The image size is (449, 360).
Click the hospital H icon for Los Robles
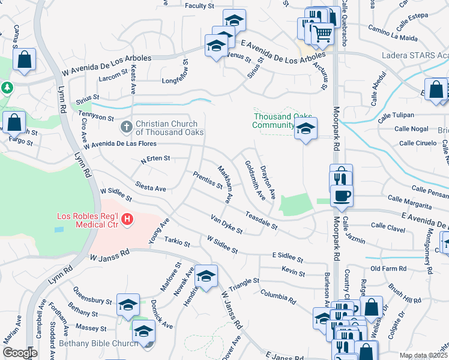coord(127,220)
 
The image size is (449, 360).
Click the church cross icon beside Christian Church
coord(126,127)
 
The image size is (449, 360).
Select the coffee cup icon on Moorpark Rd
coord(342,195)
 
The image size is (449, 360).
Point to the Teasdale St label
coord(262,220)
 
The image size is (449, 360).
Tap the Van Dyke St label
coord(226,224)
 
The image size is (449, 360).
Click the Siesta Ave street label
coord(151,188)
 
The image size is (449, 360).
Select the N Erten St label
coord(155,159)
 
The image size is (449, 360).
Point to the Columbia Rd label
coord(278,295)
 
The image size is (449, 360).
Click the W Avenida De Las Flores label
coord(120,145)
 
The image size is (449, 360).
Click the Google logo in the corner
coord(20,352)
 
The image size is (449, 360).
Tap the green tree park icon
coord(7,88)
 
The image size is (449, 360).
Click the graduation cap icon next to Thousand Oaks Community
coord(306,127)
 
